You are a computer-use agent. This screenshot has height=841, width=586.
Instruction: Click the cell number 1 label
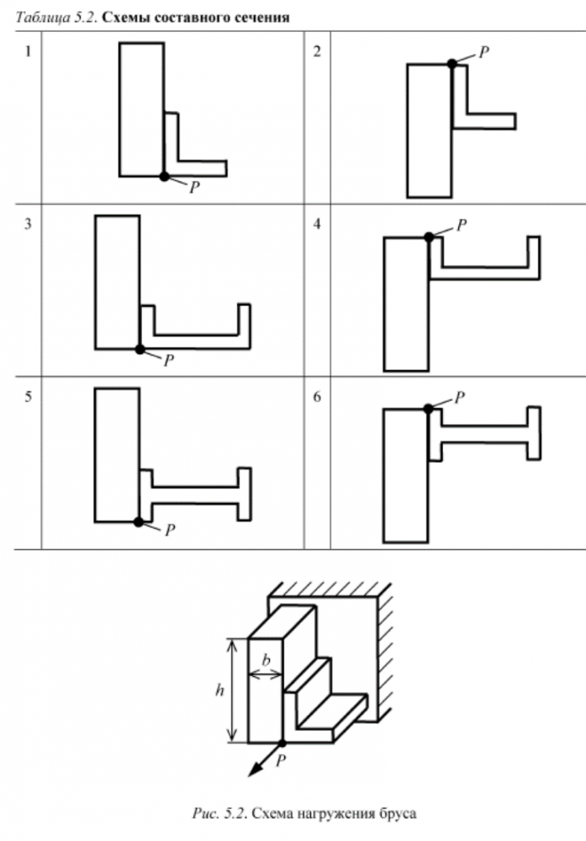tap(28, 51)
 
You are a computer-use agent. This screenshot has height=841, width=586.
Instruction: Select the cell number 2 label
tap(318, 51)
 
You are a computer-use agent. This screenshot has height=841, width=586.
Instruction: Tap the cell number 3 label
tap(28, 224)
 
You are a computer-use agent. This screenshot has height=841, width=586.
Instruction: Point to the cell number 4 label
tap(318, 224)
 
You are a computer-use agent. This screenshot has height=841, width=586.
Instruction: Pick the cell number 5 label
tap(28, 397)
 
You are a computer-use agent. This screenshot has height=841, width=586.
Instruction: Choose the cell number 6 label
tap(318, 397)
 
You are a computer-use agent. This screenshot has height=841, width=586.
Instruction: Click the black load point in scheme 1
tap(165, 176)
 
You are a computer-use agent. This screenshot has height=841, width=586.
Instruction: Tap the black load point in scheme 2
tap(452, 63)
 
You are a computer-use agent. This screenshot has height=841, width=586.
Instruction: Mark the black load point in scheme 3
tap(140, 349)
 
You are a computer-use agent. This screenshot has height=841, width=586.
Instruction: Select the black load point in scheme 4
tap(429, 236)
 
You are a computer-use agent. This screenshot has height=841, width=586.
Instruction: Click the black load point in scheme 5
tap(139, 521)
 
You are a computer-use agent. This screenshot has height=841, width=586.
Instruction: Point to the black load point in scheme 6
tap(428, 409)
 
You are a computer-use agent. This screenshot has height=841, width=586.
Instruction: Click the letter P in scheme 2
tap(484, 52)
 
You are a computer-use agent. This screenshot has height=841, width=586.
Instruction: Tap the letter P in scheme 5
tap(170, 530)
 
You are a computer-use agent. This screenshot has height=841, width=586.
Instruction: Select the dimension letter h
tap(219, 690)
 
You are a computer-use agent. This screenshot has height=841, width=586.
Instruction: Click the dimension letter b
tap(267, 661)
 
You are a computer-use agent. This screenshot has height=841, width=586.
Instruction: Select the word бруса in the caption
tap(397, 813)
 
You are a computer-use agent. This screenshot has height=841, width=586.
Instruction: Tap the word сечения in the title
tap(266, 18)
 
